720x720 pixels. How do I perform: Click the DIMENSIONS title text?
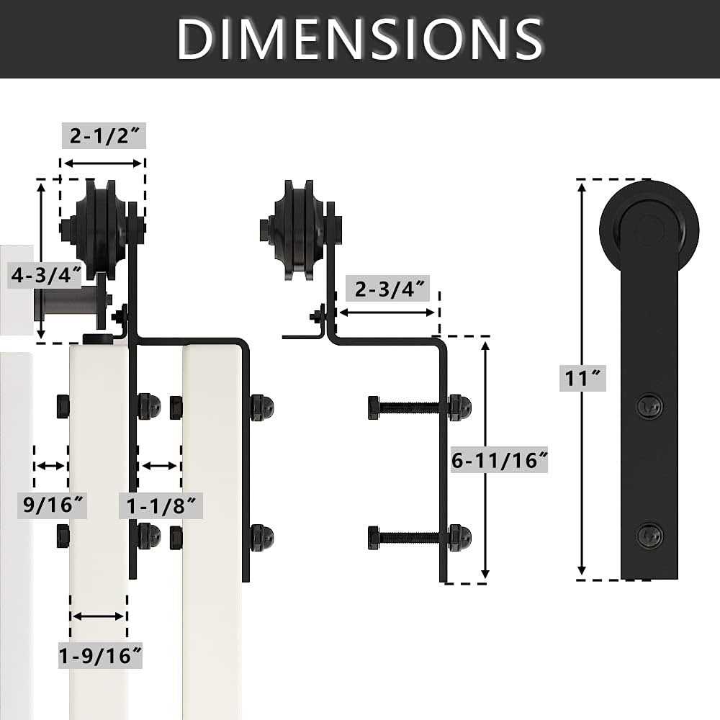(x=360, y=37)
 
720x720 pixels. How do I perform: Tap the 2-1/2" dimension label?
(x=104, y=135)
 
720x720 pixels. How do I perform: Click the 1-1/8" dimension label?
(x=161, y=505)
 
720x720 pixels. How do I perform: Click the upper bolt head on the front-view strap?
(x=650, y=406)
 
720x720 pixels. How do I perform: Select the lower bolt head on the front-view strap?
(x=650, y=535)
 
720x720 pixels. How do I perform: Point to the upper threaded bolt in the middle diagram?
(x=410, y=407)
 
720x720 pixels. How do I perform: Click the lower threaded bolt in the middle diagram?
(x=410, y=537)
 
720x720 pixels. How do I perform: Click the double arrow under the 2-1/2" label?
(x=103, y=163)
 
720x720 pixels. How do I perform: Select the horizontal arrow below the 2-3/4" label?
(x=387, y=312)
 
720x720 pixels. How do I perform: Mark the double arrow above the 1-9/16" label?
(x=99, y=616)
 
